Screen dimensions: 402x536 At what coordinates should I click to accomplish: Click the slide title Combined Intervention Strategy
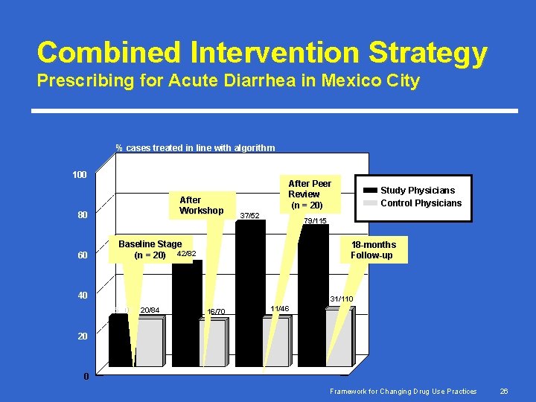click(262, 52)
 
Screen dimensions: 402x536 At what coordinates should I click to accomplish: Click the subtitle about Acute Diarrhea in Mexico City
click(228, 80)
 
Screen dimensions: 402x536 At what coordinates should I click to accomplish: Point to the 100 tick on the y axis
click(79, 175)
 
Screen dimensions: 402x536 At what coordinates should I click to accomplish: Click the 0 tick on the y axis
click(86, 376)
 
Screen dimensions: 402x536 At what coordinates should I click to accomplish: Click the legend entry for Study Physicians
click(417, 190)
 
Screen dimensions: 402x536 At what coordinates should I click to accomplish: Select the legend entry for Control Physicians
click(421, 203)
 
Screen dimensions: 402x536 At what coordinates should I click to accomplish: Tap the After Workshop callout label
click(201, 205)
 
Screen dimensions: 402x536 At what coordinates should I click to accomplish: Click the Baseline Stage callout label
click(150, 249)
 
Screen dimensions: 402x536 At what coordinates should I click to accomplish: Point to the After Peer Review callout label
click(309, 194)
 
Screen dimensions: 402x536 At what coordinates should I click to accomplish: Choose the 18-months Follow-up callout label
click(373, 250)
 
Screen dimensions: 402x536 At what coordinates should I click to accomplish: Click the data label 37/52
click(249, 216)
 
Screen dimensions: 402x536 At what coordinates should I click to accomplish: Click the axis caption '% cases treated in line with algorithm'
click(194, 148)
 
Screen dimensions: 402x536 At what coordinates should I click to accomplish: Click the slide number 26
click(503, 392)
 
